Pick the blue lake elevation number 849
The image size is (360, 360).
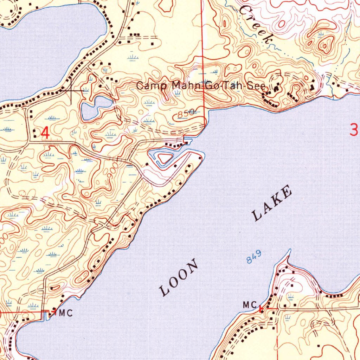click(254, 258)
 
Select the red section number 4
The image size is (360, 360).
click(45, 133)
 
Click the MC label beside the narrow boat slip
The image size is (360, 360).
click(66, 313)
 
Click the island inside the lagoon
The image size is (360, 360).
click(165, 157)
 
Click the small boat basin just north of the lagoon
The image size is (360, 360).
click(187, 141)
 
